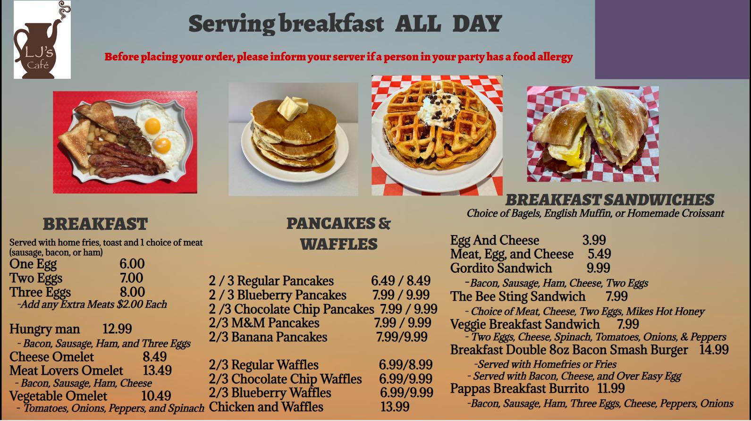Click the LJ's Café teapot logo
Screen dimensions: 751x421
pyautogui.click(x=42, y=40)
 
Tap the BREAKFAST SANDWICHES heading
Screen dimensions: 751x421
pyautogui.click(x=609, y=200)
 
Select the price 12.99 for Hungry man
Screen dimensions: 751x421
pyautogui.click(x=117, y=329)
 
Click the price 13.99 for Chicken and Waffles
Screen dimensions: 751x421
pyautogui.click(x=395, y=407)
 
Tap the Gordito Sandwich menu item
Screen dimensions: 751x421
pyautogui.click(x=501, y=268)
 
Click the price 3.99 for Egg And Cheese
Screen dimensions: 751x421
pyautogui.click(x=594, y=240)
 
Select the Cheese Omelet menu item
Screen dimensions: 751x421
pyautogui.click(x=51, y=357)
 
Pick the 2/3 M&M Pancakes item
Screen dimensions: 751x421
pyautogui.click(x=264, y=323)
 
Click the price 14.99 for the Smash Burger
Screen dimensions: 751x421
pyautogui.click(x=714, y=350)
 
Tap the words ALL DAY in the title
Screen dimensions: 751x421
pyautogui.click(x=448, y=24)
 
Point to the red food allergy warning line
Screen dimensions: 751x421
pyautogui.click(x=338, y=57)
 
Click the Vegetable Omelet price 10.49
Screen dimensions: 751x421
pyautogui.click(x=156, y=396)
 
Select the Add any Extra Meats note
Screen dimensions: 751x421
pyautogui.click(x=92, y=304)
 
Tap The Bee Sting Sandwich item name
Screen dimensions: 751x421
pyautogui.click(x=518, y=297)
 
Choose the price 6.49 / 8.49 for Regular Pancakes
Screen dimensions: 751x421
pyautogui.click(x=401, y=281)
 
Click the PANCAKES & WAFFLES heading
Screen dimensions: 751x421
pyautogui.click(x=338, y=234)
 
